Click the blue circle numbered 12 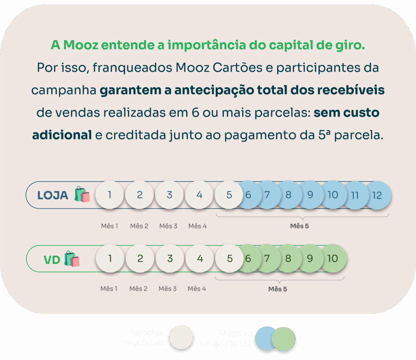click(378, 195)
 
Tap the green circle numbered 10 click(333, 258)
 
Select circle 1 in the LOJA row click(110, 195)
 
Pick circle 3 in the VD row click(170, 258)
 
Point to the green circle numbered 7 click(267, 258)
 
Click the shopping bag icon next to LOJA click(82, 194)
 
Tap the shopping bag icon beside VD click(72, 258)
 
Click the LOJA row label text click(53, 195)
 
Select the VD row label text click(52, 259)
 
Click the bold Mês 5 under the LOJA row click(299, 226)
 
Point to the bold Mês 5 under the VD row click(278, 289)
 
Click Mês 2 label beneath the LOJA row click(139, 226)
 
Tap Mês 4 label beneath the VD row click(197, 289)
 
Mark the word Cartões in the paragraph click(237, 67)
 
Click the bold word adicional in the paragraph click(62, 135)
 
